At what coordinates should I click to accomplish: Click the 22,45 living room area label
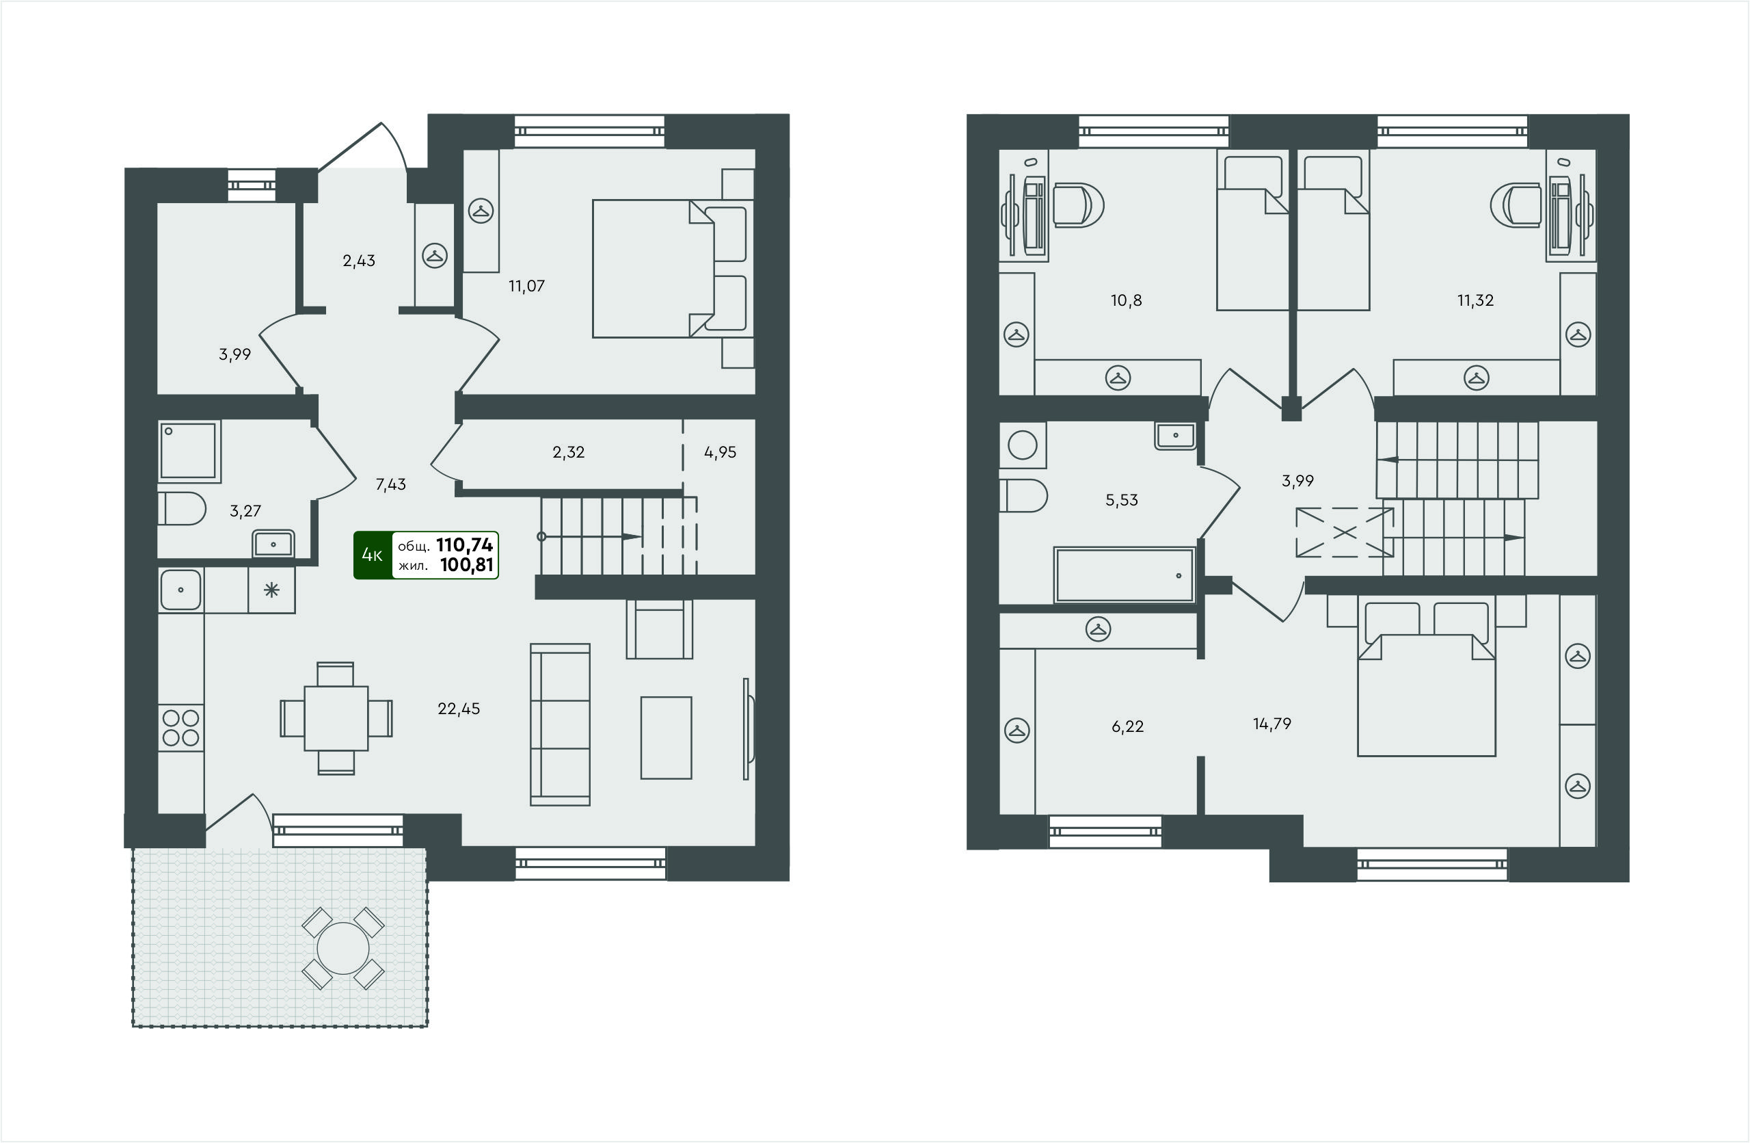459,709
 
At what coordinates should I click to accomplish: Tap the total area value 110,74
464,545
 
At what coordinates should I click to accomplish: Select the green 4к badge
373,555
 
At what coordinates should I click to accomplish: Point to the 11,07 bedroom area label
526,286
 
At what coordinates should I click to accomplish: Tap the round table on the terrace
342,948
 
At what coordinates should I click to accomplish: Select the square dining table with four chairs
336,718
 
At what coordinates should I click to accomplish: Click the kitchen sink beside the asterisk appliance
180,590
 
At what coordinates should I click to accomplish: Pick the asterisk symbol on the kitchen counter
271,590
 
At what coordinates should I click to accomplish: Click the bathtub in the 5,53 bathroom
1124,575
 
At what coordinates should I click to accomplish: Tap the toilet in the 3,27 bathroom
182,508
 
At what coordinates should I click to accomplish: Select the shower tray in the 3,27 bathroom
189,451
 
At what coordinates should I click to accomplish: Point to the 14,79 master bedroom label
1272,724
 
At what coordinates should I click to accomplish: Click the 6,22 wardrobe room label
1127,726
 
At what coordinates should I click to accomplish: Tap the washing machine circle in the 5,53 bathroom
1022,445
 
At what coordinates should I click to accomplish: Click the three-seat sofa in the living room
561,725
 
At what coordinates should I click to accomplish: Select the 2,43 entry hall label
359,261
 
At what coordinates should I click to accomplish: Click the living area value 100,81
466,565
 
